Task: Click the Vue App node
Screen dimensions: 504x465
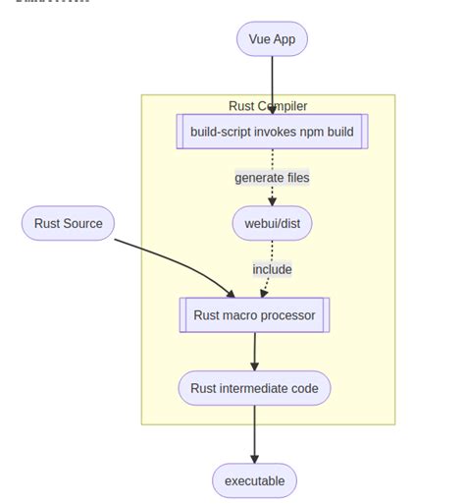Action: coord(272,39)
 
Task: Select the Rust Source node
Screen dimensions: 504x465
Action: coord(68,223)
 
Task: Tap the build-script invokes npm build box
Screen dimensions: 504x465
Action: coord(272,132)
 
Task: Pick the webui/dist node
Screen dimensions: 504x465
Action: coord(272,223)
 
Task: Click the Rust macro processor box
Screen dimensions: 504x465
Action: coord(254,315)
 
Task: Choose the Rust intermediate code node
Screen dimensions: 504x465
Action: coord(254,388)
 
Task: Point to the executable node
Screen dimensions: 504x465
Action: coord(254,480)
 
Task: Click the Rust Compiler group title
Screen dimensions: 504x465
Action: coord(268,106)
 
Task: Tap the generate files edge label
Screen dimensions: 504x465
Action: coord(272,178)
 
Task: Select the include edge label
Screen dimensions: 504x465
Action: coord(272,269)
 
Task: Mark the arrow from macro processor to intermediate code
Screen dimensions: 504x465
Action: coord(254,350)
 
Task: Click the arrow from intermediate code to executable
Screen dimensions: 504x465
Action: coord(254,432)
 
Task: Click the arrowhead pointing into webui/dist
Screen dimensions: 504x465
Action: coord(272,200)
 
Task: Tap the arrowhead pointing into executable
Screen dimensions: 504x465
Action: coord(254,458)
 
